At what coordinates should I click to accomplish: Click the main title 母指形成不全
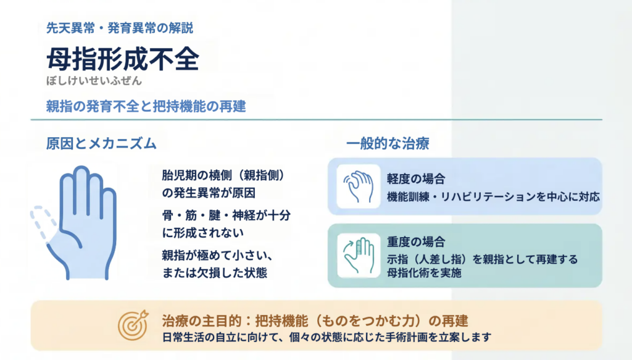[123, 59]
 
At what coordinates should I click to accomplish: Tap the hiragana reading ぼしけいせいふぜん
[94, 81]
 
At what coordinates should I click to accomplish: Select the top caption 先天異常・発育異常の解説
[120, 28]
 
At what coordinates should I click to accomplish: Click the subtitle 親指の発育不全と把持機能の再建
[146, 106]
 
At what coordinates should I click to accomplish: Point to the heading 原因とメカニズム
[101, 143]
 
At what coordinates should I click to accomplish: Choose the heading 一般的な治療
[388, 143]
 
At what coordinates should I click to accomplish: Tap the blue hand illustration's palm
[84, 246]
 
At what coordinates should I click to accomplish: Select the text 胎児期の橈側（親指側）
[223, 175]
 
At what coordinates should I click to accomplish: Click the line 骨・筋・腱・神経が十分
[226, 216]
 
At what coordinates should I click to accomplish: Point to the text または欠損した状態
[214, 273]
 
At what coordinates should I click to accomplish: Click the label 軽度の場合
[416, 178]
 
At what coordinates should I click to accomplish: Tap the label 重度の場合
[416, 242]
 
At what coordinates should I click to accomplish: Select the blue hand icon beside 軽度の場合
[359, 186]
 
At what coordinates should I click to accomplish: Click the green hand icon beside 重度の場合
[359, 256]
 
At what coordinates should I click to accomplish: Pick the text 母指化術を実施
[424, 273]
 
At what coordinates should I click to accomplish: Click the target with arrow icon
[133, 325]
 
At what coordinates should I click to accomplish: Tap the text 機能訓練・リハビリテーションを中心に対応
[493, 197]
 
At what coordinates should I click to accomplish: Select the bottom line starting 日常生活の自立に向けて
[327, 337]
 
